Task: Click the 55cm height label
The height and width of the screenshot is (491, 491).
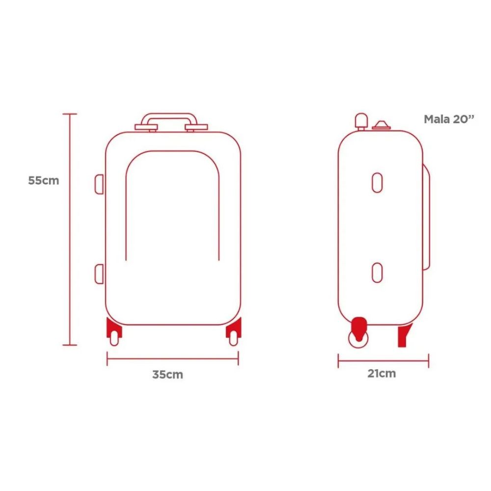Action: tap(44, 181)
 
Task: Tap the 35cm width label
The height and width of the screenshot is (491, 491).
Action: tap(167, 375)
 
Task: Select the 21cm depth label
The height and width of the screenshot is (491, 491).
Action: tap(382, 373)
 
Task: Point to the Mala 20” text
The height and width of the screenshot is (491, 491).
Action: tap(449, 119)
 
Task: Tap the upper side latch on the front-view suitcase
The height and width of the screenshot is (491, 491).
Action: tap(99, 184)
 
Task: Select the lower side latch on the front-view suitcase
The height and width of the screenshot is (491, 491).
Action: tap(99, 274)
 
